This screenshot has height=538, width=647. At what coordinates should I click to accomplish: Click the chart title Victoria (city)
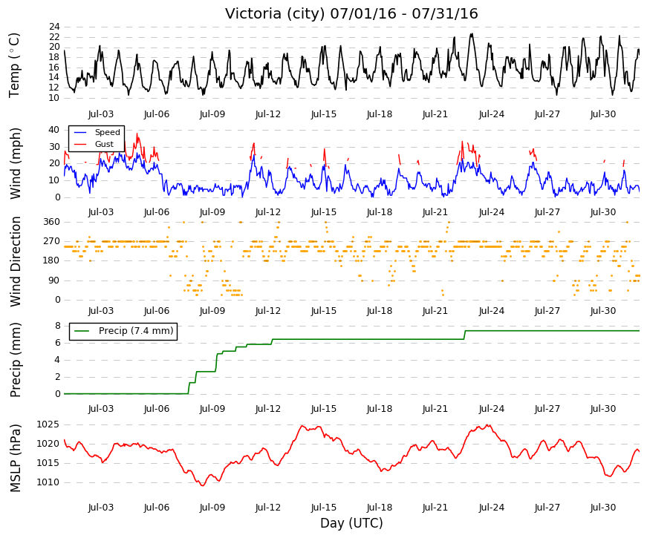tap(276, 13)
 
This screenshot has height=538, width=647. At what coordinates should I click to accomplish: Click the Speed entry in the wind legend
tap(107, 132)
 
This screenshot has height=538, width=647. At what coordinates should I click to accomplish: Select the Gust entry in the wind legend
tap(104, 144)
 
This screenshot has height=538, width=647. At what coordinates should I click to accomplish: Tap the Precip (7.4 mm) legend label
tap(136, 331)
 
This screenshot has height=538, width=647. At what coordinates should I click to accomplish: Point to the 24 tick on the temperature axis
tap(54, 27)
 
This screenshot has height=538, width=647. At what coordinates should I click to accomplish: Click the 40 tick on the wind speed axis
tap(54, 130)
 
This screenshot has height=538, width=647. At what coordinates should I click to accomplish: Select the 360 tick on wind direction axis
tap(52, 222)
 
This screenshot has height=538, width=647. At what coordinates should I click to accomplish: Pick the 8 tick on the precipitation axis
tap(58, 326)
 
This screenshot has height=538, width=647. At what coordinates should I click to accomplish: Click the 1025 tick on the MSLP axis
tap(48, 424)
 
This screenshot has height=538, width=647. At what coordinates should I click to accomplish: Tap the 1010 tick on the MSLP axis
tap(48, 482)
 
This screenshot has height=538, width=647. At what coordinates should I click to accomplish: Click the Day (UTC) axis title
tap(351, 523)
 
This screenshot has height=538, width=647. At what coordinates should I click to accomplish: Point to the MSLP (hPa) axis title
tap(15, 458)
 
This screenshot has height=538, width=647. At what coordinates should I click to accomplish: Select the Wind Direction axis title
tap(15, 262)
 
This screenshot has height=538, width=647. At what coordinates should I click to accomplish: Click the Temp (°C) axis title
tap(14, 65)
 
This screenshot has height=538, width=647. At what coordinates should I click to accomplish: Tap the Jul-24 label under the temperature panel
tap(492, 114)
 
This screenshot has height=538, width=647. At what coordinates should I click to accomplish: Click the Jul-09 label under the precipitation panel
tap(212, 409)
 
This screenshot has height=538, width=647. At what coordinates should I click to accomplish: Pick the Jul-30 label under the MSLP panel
tap(603, 508)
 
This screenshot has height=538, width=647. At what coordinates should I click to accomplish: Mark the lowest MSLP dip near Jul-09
tap(203, 485)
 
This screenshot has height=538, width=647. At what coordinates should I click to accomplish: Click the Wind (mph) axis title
tap(15, 164)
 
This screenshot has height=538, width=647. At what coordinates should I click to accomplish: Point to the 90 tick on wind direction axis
tap(54, 281)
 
